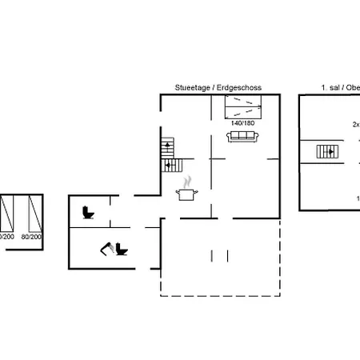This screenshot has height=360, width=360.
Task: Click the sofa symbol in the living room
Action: [242, 137]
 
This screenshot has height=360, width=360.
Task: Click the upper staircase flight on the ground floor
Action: [167, 148]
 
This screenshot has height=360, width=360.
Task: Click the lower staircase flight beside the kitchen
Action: [170, 165]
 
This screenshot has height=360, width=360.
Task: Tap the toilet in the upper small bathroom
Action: [89, 213]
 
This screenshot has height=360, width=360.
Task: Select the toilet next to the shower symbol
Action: [122, 250]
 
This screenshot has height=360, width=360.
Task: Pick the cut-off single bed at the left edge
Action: [6, 214]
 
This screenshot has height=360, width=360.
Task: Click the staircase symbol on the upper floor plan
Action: [326, 152]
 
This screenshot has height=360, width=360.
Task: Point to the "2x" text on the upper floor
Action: [355, 124]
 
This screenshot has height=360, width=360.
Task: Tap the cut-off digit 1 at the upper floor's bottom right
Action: [357, 197]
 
